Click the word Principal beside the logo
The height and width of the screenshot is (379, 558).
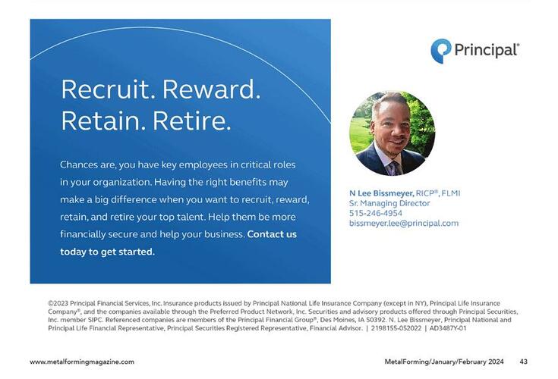click(487, 50)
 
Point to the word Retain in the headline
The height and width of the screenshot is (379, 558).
click(102, 120)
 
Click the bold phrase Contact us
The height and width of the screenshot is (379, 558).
click(272, 234)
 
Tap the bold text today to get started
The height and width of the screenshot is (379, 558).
click(107, 252)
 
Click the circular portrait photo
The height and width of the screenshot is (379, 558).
click(392, 133)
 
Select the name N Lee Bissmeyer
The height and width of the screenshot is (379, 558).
click(381, 193)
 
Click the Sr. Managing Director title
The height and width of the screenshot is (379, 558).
click(389, 203)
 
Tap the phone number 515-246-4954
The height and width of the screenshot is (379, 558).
click(376, 213)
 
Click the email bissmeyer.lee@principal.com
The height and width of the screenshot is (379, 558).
click(404, 223)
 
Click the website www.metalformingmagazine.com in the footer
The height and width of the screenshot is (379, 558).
click(82, 362)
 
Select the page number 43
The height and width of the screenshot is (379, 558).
click(523, 362)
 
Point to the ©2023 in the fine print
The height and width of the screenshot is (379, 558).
click(59, 303)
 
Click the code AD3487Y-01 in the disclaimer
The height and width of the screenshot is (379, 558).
click(448, 328)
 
